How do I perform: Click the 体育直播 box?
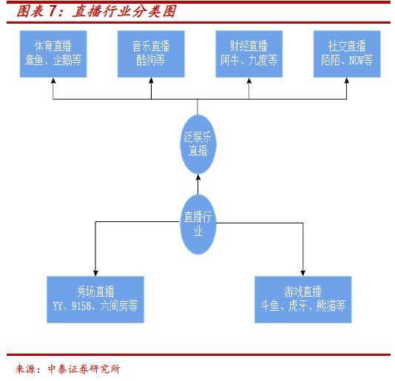point(53,54)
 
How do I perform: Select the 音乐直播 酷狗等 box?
point(151,54)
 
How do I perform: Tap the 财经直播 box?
point(249,54)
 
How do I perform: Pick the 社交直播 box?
point(347,54)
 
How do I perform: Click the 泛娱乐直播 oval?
point(198,144)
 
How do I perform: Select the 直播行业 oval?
point(198,224)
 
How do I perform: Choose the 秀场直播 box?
point(95,300)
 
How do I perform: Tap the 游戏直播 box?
point(303,300)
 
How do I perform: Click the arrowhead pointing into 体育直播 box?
point(53,81)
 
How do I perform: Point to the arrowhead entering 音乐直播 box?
point(151,81)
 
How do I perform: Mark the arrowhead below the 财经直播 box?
point(249,81)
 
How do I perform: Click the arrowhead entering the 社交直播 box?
point(347,81)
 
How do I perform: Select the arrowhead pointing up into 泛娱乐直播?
point(198,178)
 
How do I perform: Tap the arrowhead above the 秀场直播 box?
point(95,273)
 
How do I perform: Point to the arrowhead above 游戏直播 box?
point(303,273)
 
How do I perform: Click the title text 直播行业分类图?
point(124,12)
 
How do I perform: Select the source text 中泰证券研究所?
point(84,369)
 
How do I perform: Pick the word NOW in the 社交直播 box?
point(357,61)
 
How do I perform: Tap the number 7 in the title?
point(52,12)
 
